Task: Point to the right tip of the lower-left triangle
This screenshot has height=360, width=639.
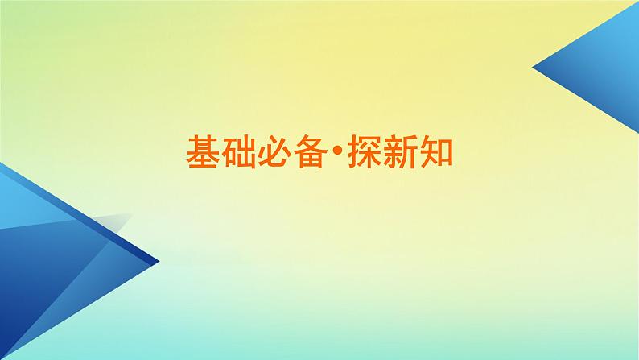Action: (x=157, y=261)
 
